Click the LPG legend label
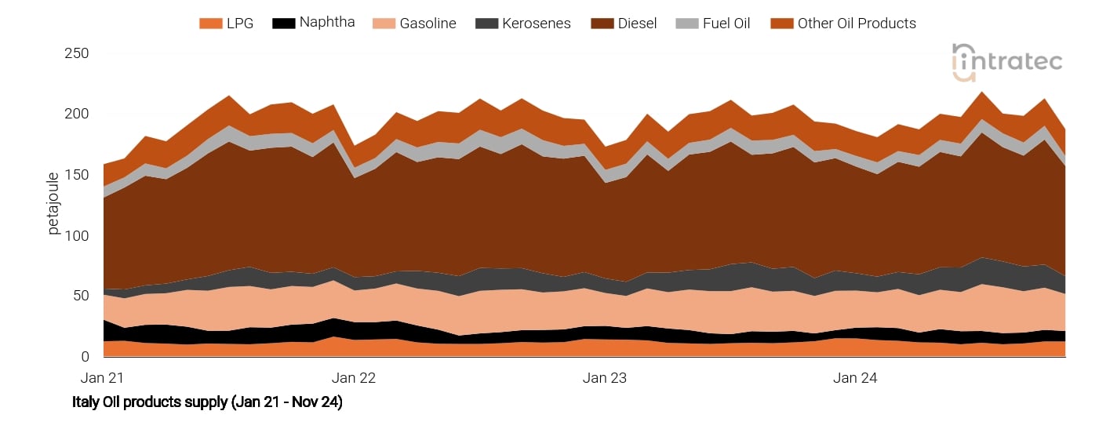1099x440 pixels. click(x=239, y=24)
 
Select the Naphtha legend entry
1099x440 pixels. click(x=326, y=22)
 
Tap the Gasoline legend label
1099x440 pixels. click(x=428, y=24)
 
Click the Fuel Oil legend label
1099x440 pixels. click(x=726, y=24)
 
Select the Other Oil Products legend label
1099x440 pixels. click(x=857, y=24)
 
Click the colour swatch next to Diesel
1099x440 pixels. click(x=602, y=24)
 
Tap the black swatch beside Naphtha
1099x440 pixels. click(x=283, y=24)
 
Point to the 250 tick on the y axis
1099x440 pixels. click(x=76, y=53)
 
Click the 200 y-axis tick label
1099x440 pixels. click(x=76, y=114)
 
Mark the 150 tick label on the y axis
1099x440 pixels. click(x=76, y=175)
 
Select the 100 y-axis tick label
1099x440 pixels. click(x=76, y=235)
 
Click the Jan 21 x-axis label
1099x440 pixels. click(x=104, y=378)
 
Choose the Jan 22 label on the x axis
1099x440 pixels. click(x=354, y=378)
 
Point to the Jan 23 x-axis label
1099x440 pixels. click(x=605, y=378)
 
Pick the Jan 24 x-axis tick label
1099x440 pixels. click(x=855, y=378)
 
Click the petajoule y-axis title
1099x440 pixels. click(x=54, y=203)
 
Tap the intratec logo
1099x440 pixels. click(x=1007, y=61)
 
